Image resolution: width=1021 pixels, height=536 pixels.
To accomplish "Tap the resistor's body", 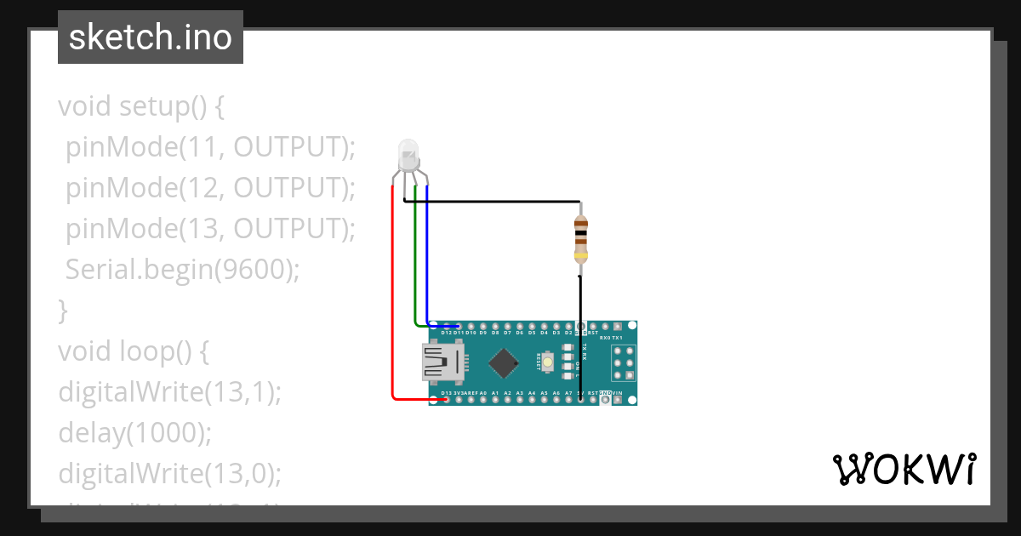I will (x=580, y=238).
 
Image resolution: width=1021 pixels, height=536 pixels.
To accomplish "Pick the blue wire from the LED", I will (x=426, y=255).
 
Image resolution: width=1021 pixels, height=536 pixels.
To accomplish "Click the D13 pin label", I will (x=447, y=393).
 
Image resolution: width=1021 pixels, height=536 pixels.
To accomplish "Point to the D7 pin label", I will (x=507, y=333).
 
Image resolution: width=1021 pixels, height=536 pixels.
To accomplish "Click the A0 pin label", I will (x=482, y=393).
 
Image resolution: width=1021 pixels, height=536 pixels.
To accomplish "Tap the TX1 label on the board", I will (x=630, y=338).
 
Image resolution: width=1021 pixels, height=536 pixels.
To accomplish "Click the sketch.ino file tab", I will (x=151, y=37).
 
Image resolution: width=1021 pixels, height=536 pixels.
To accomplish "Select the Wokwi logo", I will (x=904, y=469).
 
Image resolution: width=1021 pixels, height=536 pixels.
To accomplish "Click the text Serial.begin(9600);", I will (x=183, y=270).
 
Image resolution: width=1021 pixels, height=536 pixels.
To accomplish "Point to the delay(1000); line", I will (x=134, y=432).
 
